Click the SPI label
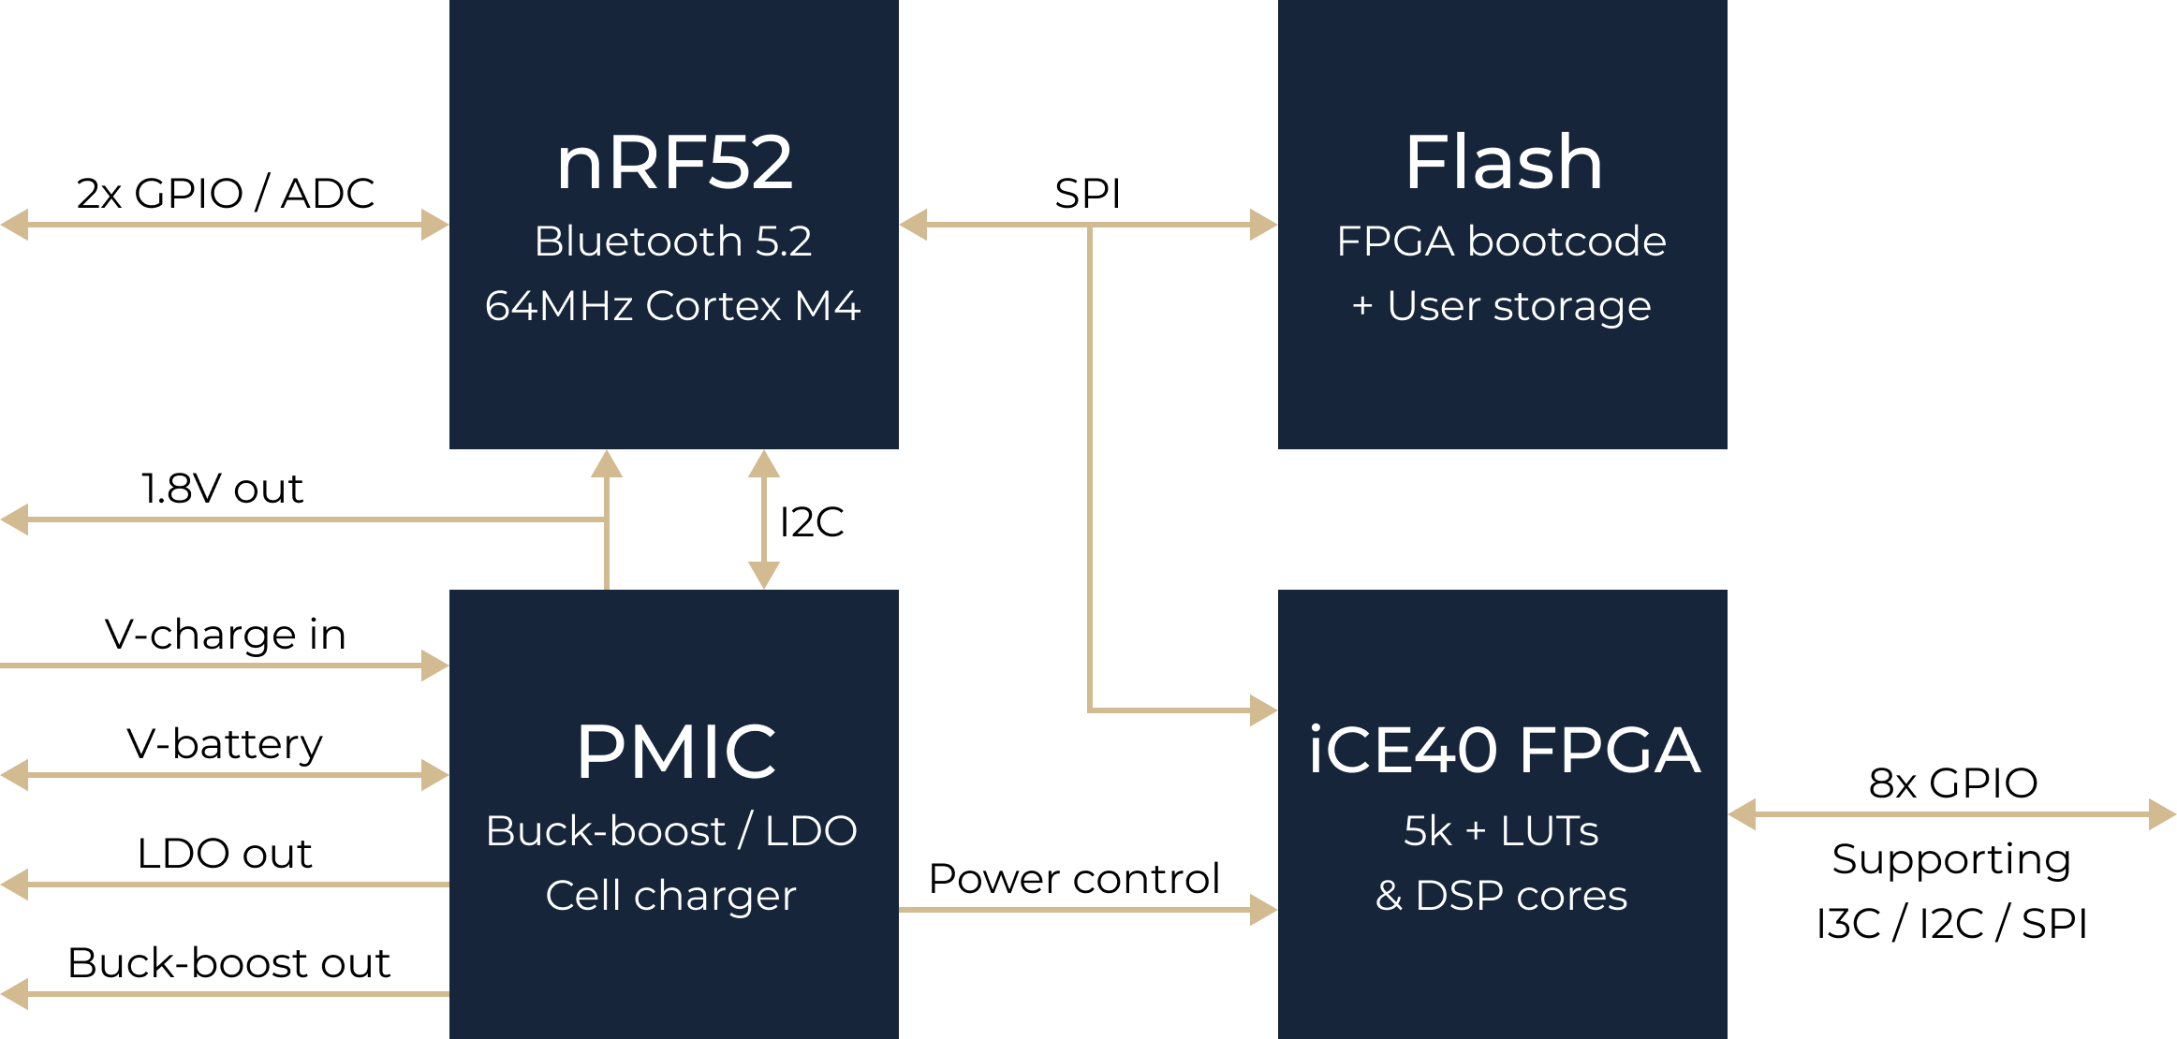pyautogui.click(x=1087, y=194)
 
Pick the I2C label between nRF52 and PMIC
pyautogui.click(x=812, y=522)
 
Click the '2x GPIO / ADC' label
pyautogui.click(x=225, y=194)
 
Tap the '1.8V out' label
pyautogui.click(x=222, y=489)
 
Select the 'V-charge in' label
pyautogui.click(x=225, y=635)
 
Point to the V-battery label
pyautogui.click(x=225, y=745)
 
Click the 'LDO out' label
pyautogui.click(x=225, y=854)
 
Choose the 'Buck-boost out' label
pyautogui.click(x=228, y=963)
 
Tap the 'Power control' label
pyautogui.click(x=1074, y=879)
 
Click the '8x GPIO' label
pyautogui.click(x=1953, y=783)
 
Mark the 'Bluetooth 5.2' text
pyautogui.click(x=673, y=241)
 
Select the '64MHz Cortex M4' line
pyautogui.click(x=673, y=306)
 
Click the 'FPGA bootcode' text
pyautogui.click(x=1502, y=241)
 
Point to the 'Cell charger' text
pyautogui.click(x=671, y=896)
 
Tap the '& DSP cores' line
pyautogui.click(x=1502, y=896)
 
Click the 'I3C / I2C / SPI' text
pyautogui.click(x=1952, y=924)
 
